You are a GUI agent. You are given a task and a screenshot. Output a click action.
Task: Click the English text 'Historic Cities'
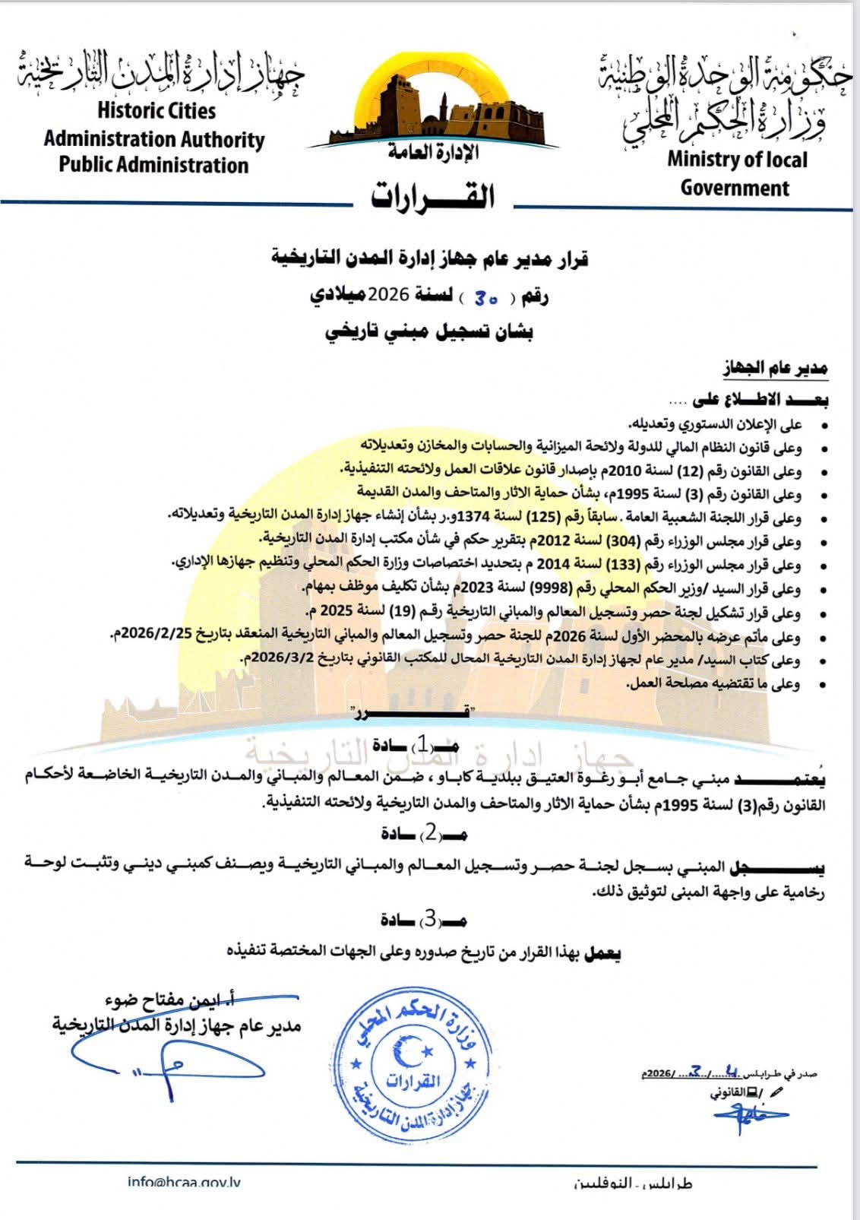tap(157, 111)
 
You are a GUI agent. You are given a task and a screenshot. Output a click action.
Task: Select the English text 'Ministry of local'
tap(736, 160)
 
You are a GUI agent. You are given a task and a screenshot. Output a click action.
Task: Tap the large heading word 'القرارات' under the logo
tap(432, 198)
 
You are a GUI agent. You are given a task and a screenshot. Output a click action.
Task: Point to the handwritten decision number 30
tap(486, 298)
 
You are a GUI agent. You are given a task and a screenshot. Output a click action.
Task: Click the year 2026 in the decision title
tap(390, 295)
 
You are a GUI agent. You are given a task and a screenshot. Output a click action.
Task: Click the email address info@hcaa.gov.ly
tap(185, 1182)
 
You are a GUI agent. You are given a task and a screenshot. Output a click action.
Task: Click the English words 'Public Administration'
tap(154, 166)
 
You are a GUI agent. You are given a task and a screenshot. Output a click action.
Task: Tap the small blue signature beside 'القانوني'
tap(748, 1114)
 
